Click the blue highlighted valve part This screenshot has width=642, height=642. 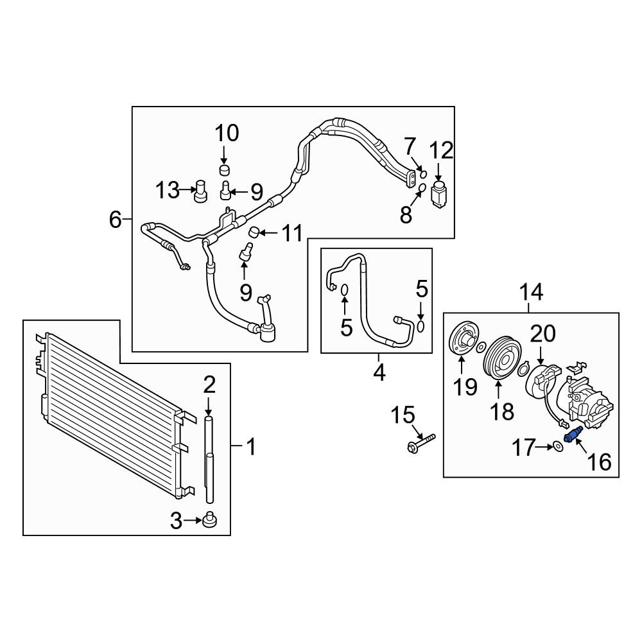click(573, 434)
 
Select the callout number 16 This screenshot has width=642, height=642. click(599, 462)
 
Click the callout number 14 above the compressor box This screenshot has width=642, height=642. click(531, 292)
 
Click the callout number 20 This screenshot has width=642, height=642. click(543, 334)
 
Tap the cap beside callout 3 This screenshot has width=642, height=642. click(210, 519)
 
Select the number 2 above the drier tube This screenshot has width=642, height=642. click(209, 385)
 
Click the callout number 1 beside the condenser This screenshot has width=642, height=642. click(252, 446)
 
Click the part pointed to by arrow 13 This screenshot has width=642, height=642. click(200, 191)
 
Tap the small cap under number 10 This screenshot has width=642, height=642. click(223, 169)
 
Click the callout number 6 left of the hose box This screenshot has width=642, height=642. click(116, 220)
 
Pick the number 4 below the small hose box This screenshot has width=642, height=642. click(379, 372)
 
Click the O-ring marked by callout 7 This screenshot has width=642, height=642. click(423, 175)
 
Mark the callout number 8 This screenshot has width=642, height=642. click(406, 214)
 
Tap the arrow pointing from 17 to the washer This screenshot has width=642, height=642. click(544, 447)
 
